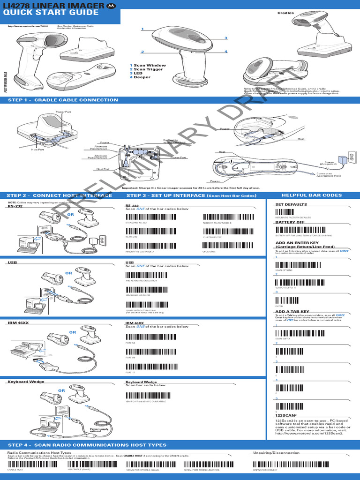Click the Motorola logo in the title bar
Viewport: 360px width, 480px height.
[x=111, y=5]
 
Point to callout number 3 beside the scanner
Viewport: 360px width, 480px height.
[x=225, y=38]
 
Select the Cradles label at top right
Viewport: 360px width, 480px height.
[x=286, y=13]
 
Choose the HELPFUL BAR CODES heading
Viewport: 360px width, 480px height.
[x=312, y=195]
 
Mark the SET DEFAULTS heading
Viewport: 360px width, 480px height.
[x=291, y=204]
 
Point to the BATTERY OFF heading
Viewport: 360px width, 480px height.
[x=290, y=223]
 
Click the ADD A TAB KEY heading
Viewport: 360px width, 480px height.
[x=292, y=311]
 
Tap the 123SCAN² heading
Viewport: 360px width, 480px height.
[x=285, y=415]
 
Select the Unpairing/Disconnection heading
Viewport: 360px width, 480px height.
[x=276, y=453]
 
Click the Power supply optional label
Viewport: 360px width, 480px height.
[x=98, y=430]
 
